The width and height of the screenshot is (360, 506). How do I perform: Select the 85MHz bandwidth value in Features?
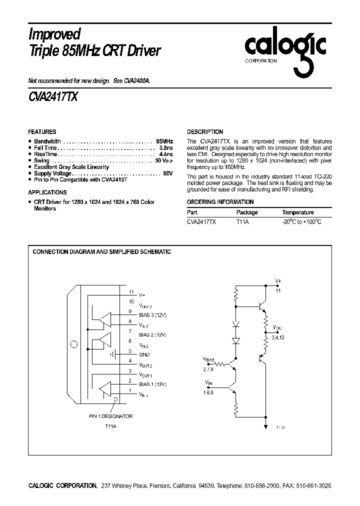pyautogui.click(x=164, y=141)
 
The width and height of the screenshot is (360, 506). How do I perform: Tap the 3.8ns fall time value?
pyautogui.click(x=165, y=148)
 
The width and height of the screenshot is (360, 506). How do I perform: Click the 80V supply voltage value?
pyautogui.click(x=168, y=173)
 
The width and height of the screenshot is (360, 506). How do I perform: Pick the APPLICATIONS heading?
pyautogui.click(x=47, y=192)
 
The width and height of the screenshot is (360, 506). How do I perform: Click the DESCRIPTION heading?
pyautogui.click(x=205, y=132)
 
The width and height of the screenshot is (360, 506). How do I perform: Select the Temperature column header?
pyautogui.click(x=298, y=212)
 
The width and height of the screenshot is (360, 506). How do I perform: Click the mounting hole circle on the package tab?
pyautogui.click(x=74, y=344)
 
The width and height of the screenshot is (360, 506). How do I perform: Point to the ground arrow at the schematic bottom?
pyautogui.click(x=265, y=426)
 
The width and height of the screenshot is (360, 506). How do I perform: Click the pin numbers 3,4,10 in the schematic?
pyautogui.click(x=278, y=338)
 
